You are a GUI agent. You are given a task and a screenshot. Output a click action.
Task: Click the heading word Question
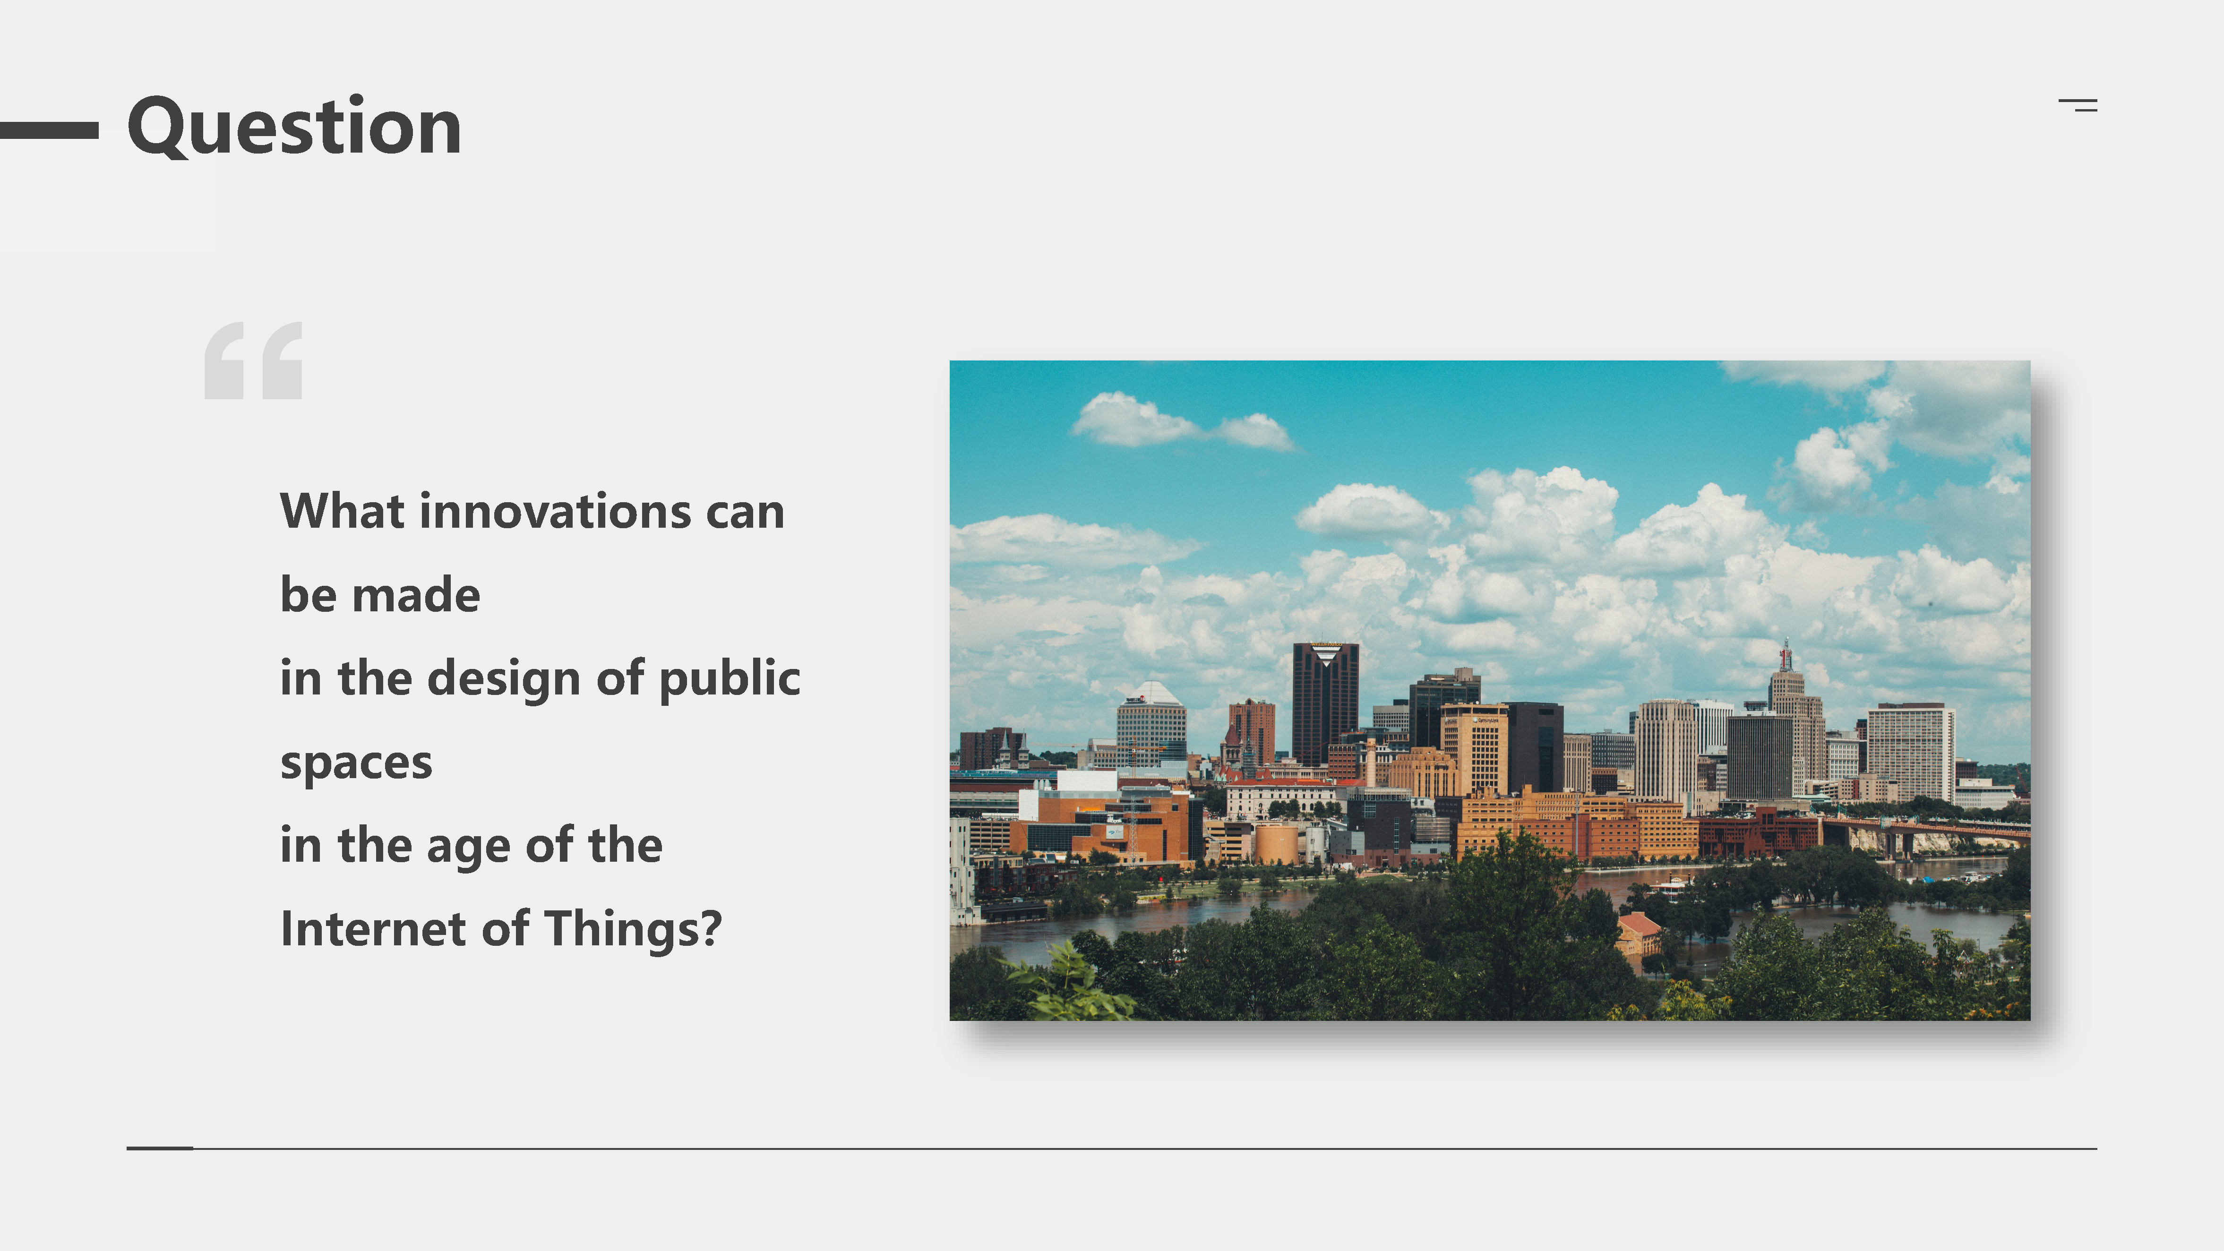[294, 128]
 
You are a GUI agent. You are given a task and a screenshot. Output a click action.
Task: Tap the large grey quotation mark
[253, 361]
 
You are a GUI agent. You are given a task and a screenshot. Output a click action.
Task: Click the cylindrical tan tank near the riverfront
[1275, 843]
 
